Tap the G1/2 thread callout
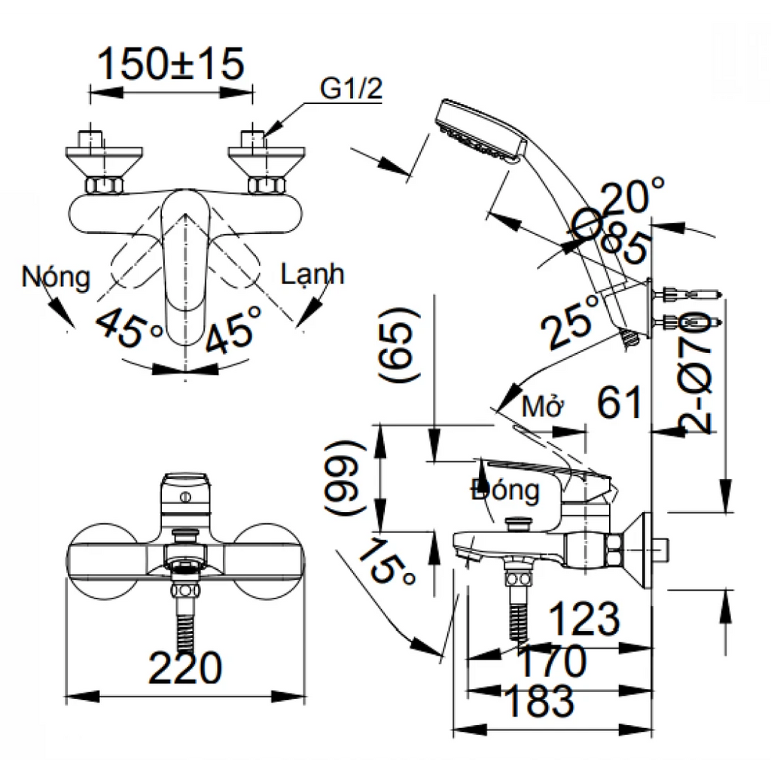(x=352, y=90)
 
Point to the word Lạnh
(x=312, y=275)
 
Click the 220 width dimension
(x=185, y=667)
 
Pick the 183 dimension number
(x=539, y=702)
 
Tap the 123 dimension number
(x=584, y=619)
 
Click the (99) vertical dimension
(x=343, y=476)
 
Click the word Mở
(x=544, y=408)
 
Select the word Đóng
(x=505, y=491)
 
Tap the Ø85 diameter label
(x=612, y=238)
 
